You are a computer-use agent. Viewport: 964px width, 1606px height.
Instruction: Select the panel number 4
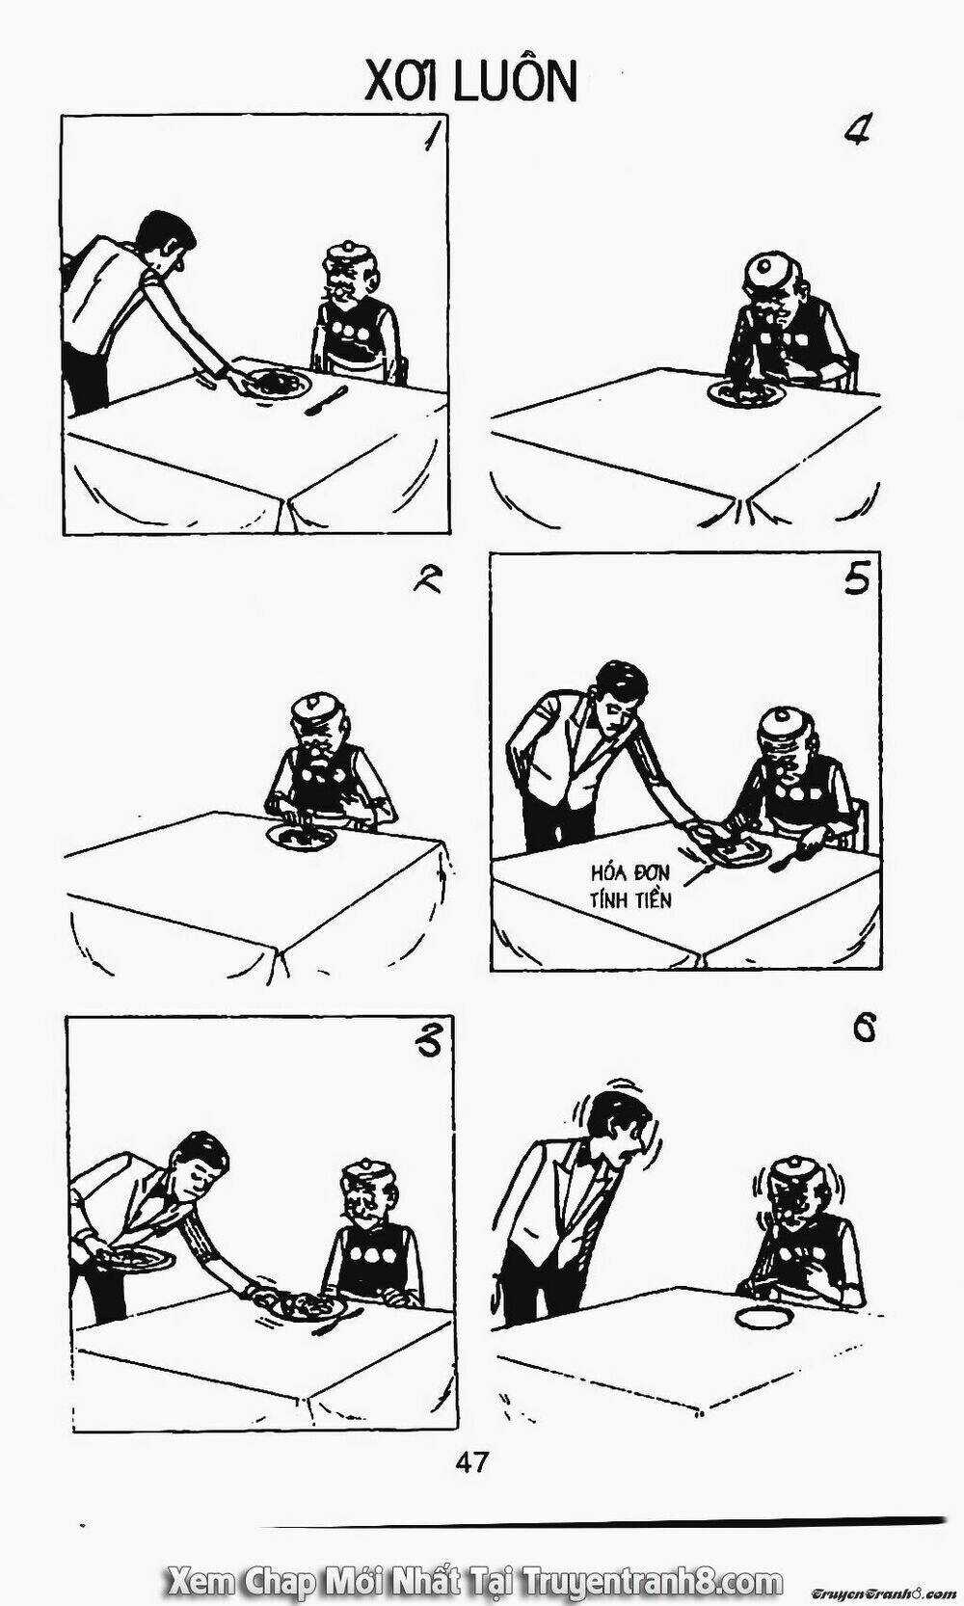tap(855, 131)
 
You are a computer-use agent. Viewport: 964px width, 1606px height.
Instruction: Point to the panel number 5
tap(857, 580)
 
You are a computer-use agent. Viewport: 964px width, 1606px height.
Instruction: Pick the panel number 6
tap(864, 1031)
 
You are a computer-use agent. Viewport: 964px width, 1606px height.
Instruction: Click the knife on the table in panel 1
tap(326, 400)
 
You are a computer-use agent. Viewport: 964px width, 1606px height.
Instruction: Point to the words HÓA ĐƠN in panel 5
tap(630, 873)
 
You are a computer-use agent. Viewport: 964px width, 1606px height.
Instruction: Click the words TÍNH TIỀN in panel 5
tap(630, 899)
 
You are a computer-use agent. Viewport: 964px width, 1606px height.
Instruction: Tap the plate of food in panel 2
tap(301, 835)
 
